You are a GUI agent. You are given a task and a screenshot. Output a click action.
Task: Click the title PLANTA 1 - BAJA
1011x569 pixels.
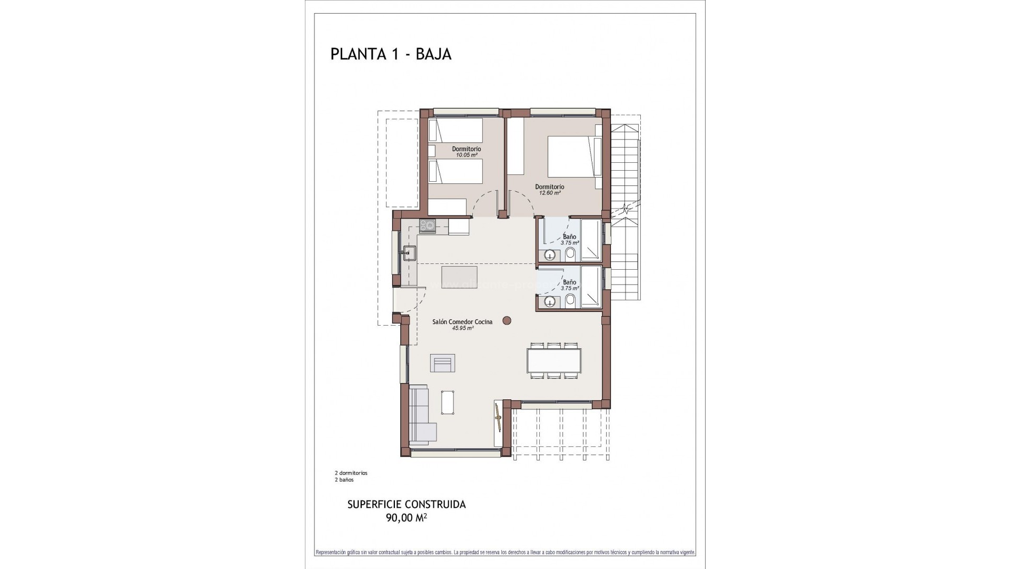pos(391,54)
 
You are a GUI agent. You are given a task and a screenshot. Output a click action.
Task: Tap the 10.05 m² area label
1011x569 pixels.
pos(467,155)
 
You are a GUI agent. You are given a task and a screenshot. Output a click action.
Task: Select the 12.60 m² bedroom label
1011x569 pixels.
pos(549,193)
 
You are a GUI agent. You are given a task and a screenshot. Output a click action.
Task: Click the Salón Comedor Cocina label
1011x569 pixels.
pos(462,321)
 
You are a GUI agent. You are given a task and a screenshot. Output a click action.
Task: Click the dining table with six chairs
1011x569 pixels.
pos(555,360)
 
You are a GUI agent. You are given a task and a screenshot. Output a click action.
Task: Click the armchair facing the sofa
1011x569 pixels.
pos(442,363)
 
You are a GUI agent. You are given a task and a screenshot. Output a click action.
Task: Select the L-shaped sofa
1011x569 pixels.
pos(421,427)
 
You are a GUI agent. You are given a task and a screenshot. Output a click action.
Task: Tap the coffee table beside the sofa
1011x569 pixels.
pos(449,417)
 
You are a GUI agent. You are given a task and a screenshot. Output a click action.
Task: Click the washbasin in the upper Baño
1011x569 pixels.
pos(550,256)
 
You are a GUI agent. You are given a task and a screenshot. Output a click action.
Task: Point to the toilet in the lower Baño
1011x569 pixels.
pos(570,301)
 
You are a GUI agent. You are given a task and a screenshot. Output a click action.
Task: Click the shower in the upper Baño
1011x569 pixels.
pos(591,241)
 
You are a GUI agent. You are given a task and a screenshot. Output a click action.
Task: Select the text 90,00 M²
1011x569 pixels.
pos(406,518)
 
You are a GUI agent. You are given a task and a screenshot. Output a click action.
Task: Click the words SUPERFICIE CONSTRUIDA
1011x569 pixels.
pos(407,504)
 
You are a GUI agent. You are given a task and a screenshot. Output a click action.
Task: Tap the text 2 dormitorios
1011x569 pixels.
pos(351,473)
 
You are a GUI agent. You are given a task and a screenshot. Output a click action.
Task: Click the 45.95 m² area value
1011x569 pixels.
pos(462,328)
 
